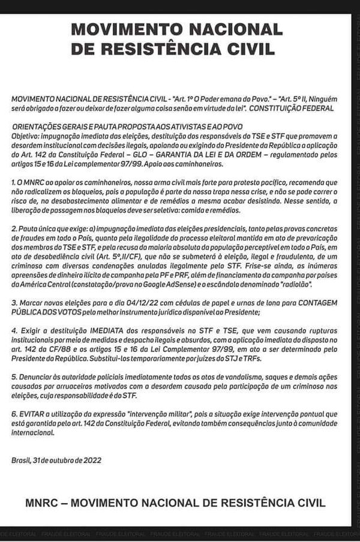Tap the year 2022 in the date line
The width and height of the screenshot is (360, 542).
85,460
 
